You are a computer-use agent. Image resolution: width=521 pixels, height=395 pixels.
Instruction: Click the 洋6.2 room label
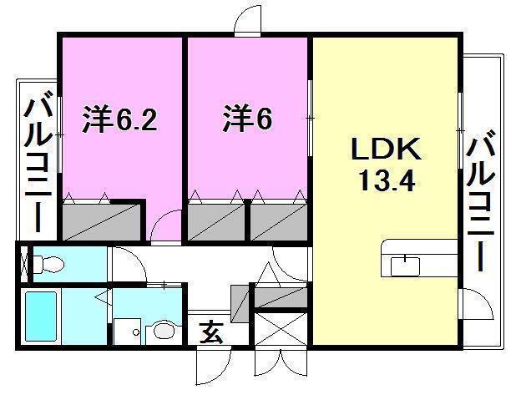tap(119, 120)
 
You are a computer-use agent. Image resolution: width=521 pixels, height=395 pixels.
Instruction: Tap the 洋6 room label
tap(247, 120)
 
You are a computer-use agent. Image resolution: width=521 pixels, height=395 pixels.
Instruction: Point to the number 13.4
tap(385, 181)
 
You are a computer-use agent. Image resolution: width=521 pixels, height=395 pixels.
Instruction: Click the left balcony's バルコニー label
tap(38, 162)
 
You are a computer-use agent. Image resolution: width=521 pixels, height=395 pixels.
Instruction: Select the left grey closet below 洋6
tap(215, 222)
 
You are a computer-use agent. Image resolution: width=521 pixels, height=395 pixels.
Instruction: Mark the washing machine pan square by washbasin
tap(128, 331)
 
